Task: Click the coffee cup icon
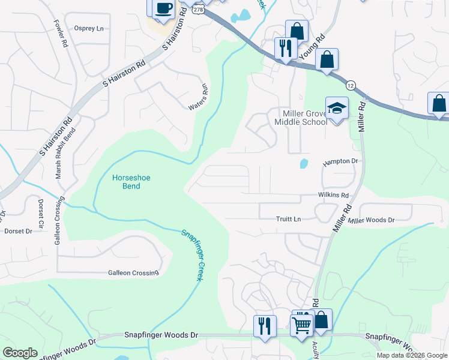tap(163, 8)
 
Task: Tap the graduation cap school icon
tap(337, 108)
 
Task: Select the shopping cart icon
tap(301, 325)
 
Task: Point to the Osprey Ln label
tap(89, 28)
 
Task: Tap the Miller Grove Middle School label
tap(300, 118)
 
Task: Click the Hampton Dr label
tap(340, 161)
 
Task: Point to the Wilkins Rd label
tap(333, 196)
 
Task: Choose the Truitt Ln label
tap(288, 219)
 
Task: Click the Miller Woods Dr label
tap(371, 220)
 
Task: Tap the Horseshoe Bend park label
tap(127, 181)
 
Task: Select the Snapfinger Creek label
tap(194, 253)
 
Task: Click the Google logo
tap(20, 353)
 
